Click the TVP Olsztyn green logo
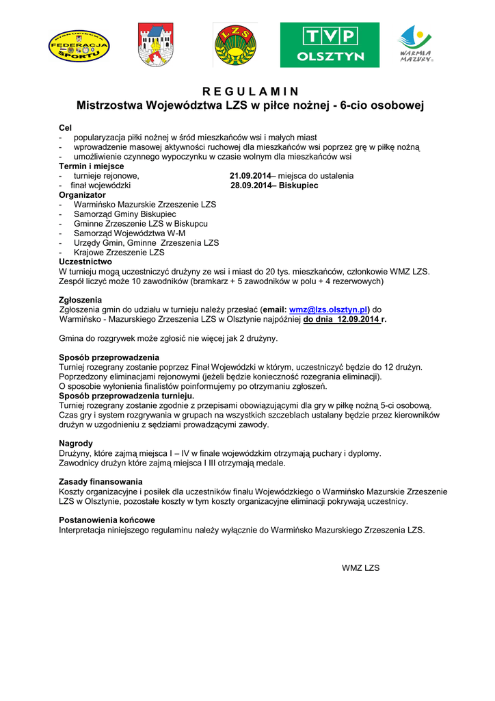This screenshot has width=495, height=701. pos(330,44)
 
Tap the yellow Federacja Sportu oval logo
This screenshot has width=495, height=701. pos(79,45)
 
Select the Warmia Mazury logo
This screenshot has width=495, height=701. pos(416,44)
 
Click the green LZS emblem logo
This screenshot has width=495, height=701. pos(235,45)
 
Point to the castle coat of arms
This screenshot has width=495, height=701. pos(156,45)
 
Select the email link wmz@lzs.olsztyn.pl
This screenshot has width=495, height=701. pos(329,309)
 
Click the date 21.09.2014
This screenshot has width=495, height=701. pos(250,176)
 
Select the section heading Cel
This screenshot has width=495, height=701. pos(66,128)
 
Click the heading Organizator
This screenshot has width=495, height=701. pos(83,195)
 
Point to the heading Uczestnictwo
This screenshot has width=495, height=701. pos(85,262)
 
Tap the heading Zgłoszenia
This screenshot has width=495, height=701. pos(81,300)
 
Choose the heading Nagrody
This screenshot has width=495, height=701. pos(76,444)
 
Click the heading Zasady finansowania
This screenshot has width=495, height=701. pos(101,481)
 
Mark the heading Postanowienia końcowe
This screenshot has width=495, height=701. pos(107,520)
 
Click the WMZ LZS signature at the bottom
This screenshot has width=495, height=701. pos(360,568)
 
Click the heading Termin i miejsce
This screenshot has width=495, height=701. pos(92,166)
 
